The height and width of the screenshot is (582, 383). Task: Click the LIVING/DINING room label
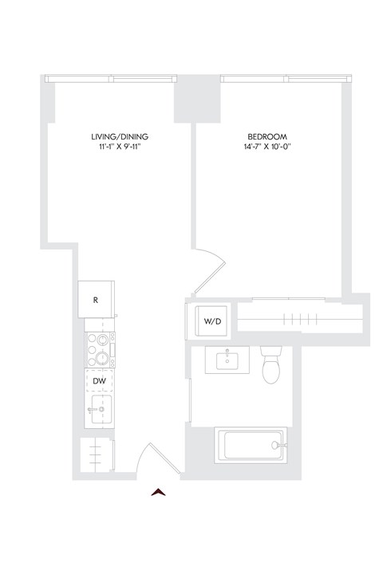(x=120, y=136)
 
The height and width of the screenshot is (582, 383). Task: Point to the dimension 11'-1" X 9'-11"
(x=120, y=147)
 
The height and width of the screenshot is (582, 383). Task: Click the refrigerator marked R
(x=96, y=300)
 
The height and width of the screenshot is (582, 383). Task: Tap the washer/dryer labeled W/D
(x=212, y=322)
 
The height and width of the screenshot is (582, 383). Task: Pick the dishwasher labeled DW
(x=100, y=382)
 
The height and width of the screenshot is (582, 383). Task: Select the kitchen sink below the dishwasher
(x=99, y=413)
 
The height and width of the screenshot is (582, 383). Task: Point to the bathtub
(x=252, y=446)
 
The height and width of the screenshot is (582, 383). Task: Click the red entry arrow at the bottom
(x=160, y=492)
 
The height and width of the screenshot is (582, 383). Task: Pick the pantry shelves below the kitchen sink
(x=97, y=455)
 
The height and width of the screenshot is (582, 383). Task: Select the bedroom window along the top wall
(x=286, y=78)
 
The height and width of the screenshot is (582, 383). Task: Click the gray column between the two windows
(x=197, y=98)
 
